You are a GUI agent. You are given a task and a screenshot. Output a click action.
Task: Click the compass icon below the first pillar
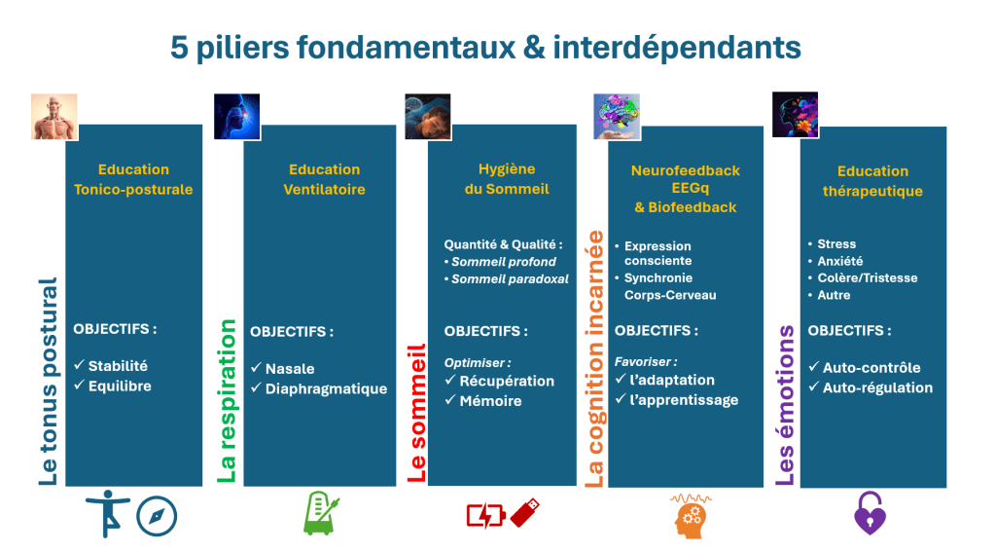point(157,516)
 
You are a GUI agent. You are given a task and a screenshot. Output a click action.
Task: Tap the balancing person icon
point(108,513)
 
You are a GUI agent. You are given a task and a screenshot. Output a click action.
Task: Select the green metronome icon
point(321,513)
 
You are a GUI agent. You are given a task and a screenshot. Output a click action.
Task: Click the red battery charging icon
point(485,515)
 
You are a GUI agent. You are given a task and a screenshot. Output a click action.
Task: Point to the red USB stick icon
point(525,512)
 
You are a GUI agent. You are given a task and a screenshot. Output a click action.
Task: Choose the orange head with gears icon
point(691,516)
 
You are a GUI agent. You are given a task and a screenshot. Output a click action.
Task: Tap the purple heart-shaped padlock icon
point(870,513)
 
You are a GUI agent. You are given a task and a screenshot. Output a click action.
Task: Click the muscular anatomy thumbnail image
point(54,117)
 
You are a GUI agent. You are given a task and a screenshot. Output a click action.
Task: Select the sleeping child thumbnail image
point(428,117)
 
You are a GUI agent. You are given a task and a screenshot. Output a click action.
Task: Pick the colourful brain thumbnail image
point(617,117)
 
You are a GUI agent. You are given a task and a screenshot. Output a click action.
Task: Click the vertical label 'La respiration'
point(227,401)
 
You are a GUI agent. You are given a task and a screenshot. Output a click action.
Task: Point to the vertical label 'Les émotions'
point(786,406)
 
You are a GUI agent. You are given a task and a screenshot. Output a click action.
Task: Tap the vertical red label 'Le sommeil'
point(416,414)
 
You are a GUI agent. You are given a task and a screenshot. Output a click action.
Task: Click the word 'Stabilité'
point(118,366)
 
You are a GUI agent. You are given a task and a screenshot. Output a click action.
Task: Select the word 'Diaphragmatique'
point(326,388)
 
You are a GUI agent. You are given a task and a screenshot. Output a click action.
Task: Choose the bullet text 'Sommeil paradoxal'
point(511,278)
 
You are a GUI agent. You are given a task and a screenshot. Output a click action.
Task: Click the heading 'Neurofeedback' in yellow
point(686,170)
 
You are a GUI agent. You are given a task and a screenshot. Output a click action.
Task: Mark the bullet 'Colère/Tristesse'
point(868,277)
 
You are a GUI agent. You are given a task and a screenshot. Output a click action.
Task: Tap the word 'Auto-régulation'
point(877,387)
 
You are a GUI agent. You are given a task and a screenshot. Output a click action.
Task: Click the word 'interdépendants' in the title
point(677,47)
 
